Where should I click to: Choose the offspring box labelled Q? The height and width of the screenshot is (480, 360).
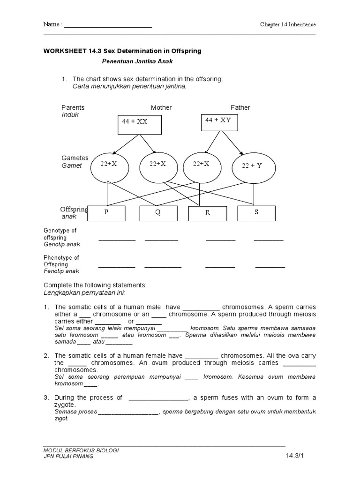pos(158,213)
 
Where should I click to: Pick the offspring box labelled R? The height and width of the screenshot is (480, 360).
pos(207,213)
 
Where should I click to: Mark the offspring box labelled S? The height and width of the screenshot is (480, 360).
pos(256,213)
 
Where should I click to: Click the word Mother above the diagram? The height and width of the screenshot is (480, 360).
pos(161,107)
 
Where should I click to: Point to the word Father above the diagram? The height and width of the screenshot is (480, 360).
pos(240,107)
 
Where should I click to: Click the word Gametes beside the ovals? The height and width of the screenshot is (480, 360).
pos(75,158)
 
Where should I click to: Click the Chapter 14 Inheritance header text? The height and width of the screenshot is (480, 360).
pos(288,24)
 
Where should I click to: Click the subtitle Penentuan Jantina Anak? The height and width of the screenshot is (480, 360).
pos(134,61)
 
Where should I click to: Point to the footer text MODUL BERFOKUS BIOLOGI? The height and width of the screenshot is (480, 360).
pos(81,450)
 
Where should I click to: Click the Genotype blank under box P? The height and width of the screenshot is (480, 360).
pos(117,240)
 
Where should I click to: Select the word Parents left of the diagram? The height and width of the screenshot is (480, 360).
pos(73,107)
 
